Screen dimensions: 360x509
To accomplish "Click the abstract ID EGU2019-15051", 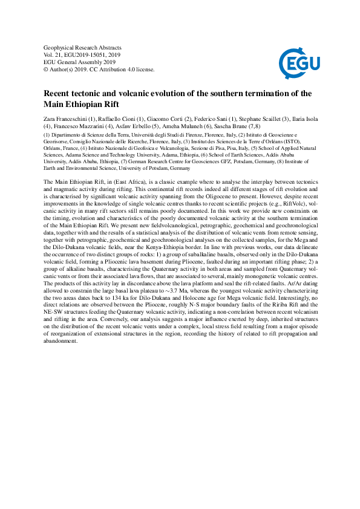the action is [x=87, y=54].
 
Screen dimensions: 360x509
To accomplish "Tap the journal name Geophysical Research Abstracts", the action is [x=83, y=47].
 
